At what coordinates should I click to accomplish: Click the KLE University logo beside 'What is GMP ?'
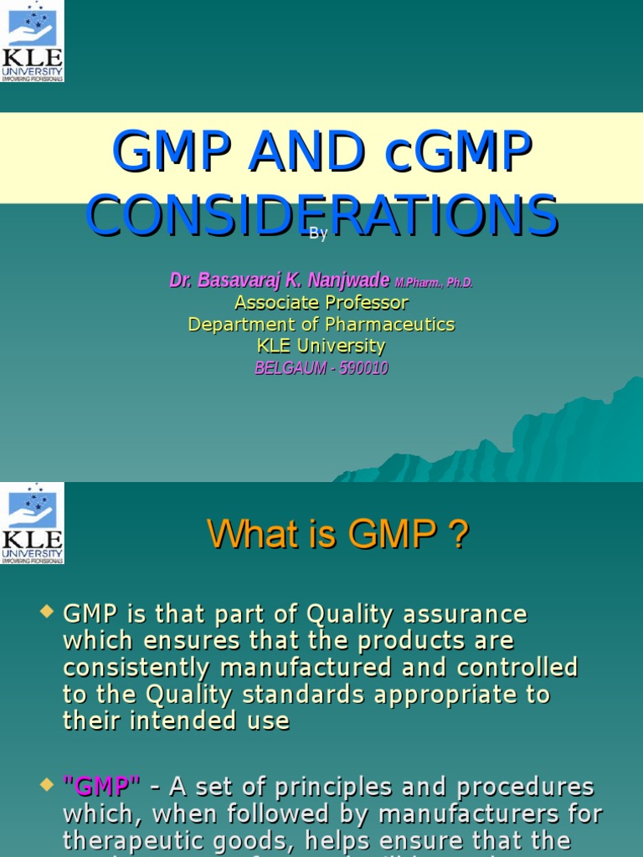[32, 523]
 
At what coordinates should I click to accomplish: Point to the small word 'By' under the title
[318, 234]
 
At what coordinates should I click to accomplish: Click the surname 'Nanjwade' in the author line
[345, 280]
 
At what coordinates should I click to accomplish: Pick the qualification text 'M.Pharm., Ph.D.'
[434, 283]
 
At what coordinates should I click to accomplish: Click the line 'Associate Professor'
[321, 302]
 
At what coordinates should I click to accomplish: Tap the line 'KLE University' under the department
[321, 346]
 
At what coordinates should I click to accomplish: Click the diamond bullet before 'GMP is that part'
[47, 613]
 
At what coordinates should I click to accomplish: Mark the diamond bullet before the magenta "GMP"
[47, 786]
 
